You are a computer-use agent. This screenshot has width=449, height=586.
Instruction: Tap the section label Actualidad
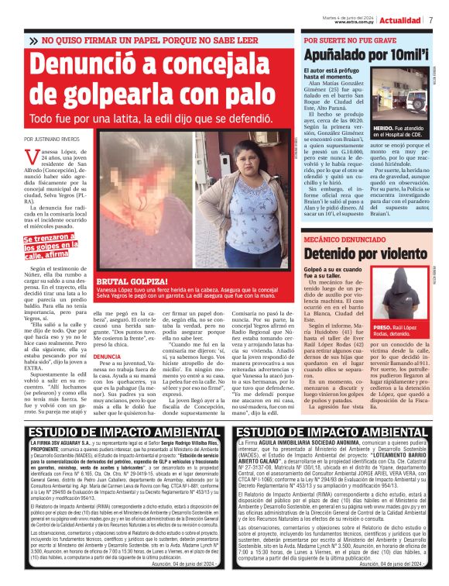point(404,19)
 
